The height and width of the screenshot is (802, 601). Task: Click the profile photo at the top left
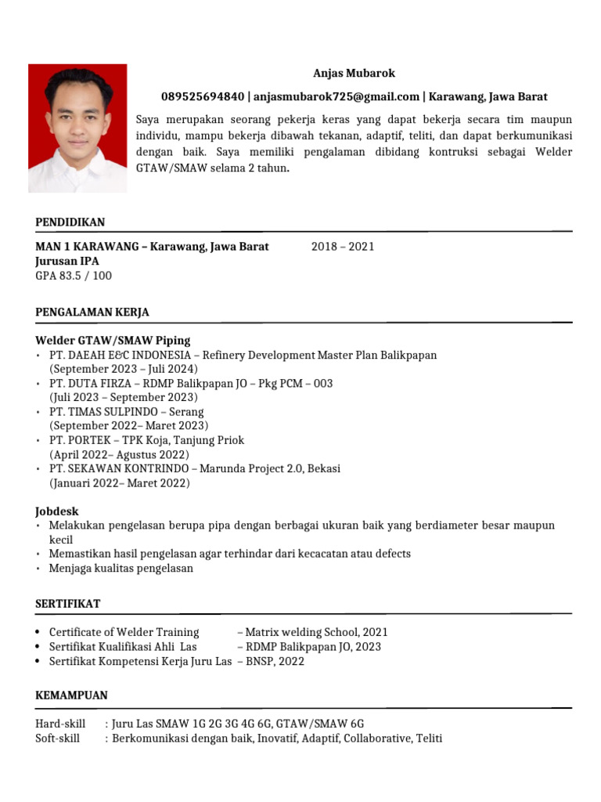[77, 128]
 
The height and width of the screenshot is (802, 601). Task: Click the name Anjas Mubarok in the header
[354, 74]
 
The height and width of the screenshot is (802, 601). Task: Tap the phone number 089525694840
[203, 97]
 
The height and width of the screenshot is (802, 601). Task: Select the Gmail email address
[336, 97]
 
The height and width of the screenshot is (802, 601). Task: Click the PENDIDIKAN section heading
[70, 222]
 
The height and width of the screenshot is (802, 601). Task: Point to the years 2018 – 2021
[343, 247]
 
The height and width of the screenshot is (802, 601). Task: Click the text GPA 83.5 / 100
[74, 276]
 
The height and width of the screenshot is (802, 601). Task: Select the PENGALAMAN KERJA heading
[92, 312]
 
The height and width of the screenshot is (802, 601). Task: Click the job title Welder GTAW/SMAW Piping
[113, 341]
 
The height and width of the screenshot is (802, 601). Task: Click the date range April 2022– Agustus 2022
[120, 454]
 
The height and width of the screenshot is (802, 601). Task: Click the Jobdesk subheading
[57, 511]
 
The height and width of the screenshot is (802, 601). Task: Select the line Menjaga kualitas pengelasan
[121, 569]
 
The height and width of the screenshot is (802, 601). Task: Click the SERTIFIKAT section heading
[68, 604]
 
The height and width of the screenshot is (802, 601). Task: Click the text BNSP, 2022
[275, 661]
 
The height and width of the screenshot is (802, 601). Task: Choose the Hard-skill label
[60, 724]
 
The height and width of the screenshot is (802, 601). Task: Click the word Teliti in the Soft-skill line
[429, 738]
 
